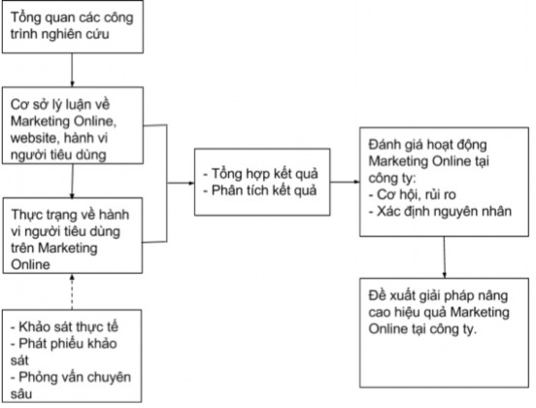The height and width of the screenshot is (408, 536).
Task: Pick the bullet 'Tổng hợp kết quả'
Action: pos(263,173)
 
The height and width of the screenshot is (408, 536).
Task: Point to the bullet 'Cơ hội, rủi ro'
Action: pos(409,194)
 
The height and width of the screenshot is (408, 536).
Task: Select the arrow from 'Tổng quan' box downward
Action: pos(72,70)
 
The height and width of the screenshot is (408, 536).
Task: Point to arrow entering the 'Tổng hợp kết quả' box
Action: pos(181,182)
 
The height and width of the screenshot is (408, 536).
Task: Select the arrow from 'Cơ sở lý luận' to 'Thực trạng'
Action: pos(72,182)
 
